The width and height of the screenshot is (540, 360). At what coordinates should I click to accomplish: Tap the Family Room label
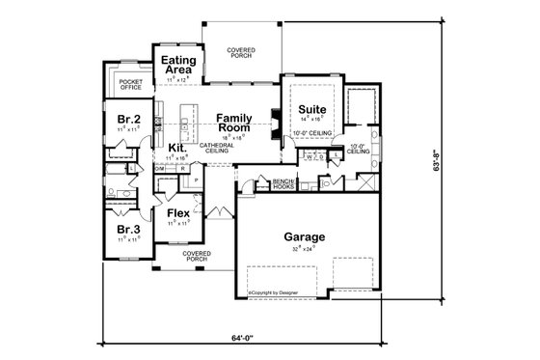coord(234,121)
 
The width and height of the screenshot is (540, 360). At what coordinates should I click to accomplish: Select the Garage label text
coord(304,236)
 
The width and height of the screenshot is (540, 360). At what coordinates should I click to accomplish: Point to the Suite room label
coord(310,111)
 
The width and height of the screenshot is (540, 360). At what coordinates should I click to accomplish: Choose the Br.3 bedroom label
coord(128,230)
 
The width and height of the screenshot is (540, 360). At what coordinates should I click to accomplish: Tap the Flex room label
coord(177,212)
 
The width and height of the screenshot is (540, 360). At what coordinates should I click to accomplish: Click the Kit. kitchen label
coord(176,148)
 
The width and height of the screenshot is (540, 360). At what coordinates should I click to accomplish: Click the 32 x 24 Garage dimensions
coord(304,249)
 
